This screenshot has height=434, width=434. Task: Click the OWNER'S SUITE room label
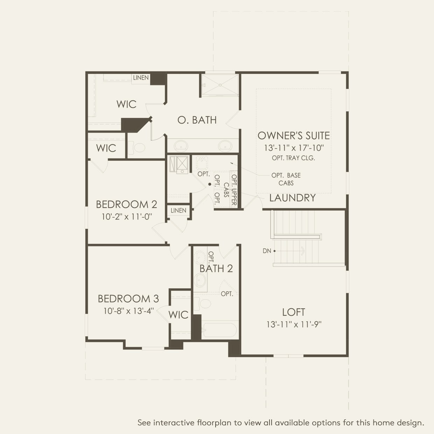coord(294,136)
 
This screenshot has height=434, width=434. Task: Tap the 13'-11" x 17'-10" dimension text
coord(294,148)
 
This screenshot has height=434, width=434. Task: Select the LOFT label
coord(294,312)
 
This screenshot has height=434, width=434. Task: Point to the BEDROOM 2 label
coord(126,204)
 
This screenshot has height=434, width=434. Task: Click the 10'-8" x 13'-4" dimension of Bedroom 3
coord(128,311)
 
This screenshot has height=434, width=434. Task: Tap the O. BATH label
coord(197,120)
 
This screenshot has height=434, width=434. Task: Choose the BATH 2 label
coord(216,268)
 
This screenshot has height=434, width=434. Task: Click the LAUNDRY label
coord(292,198)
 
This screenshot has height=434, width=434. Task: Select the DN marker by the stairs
coord(267,251)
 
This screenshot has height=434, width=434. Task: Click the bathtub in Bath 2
coord(220,330)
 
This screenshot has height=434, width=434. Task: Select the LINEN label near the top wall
coord(141,78)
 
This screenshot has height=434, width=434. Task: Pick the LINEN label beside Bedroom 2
coord(178,210)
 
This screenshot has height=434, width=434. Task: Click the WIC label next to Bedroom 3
coord(178,315)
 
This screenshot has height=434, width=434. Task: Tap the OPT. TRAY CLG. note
coord(293,158)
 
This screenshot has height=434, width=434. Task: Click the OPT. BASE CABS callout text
coord(286,179)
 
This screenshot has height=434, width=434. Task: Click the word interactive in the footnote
coord(174,423)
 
